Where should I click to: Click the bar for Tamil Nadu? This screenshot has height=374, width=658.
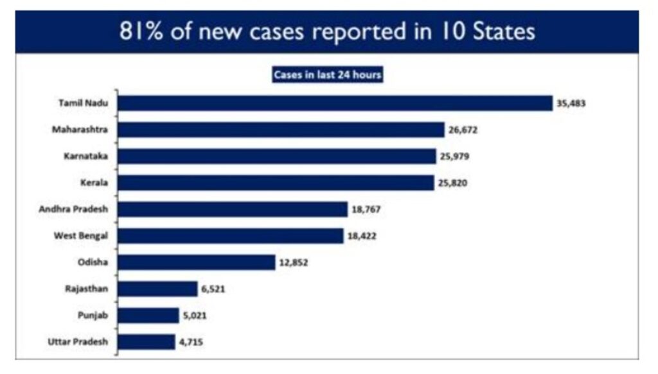click(x=335, y=103)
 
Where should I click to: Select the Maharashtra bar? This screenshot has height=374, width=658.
click(x=281, y=130)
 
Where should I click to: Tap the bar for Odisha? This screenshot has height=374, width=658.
click(x=196, y=262)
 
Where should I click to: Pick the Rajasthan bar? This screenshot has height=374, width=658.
click(x=157, y=289)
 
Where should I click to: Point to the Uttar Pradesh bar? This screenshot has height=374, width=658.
click(x=146, y=342)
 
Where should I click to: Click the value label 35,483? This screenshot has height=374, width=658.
click(x=571, y=103)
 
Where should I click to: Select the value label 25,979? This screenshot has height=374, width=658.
click(x=458, y=157)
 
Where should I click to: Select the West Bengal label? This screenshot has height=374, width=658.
click(x=82, y=236)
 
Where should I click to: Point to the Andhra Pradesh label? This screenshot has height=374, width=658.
click(x=78, y=209)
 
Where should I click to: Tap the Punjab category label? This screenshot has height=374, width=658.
click(x=94, y=316)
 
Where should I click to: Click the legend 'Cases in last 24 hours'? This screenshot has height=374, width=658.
click(x=328, y=74)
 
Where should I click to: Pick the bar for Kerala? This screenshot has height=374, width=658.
click(x=276, y=183)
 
